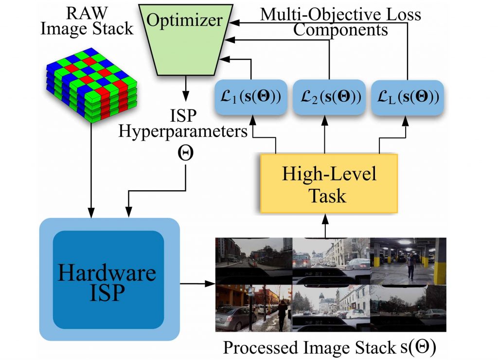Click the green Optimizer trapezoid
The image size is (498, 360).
click(x=186, y=40)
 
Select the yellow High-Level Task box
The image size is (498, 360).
click(x=329, y=184)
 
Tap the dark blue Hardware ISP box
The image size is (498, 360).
click(x=108, y=280)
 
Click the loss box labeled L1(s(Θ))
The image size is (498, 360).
click(x=251, y=97)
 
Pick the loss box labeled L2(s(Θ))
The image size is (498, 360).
click(x=329, y=97)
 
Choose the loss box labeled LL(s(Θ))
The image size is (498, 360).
click(x=408, y=97)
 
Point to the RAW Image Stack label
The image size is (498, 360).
click(x=87, y=21)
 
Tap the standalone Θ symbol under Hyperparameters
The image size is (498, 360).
click(x=185, y=153)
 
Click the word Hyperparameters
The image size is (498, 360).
click(x=183, y=131)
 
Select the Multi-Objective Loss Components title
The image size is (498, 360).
click(x=340, y=22)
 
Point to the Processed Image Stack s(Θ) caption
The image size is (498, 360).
click(x=330, y=347)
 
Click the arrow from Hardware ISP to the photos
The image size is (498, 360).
click(x=197, y=284)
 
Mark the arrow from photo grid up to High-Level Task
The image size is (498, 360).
click(x=325, y=226)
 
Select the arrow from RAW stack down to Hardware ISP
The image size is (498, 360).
click(x=91, y=170)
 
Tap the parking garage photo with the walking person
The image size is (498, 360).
click(x=408, y=261)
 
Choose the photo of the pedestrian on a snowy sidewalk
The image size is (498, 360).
click(x=253, y=308)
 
